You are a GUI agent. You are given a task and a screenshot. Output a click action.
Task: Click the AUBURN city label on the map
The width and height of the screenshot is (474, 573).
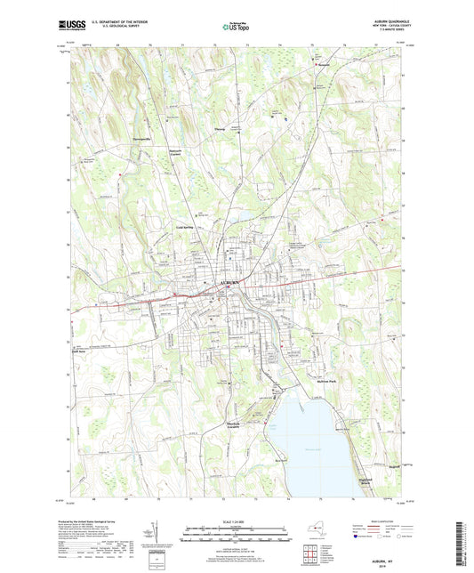click(x=229, y=282)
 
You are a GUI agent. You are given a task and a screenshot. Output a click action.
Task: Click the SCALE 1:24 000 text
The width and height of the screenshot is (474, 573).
click(x=236, y=520)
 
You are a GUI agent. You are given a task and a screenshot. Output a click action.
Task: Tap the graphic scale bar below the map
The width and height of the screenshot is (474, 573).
click(x=236, y=533)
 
